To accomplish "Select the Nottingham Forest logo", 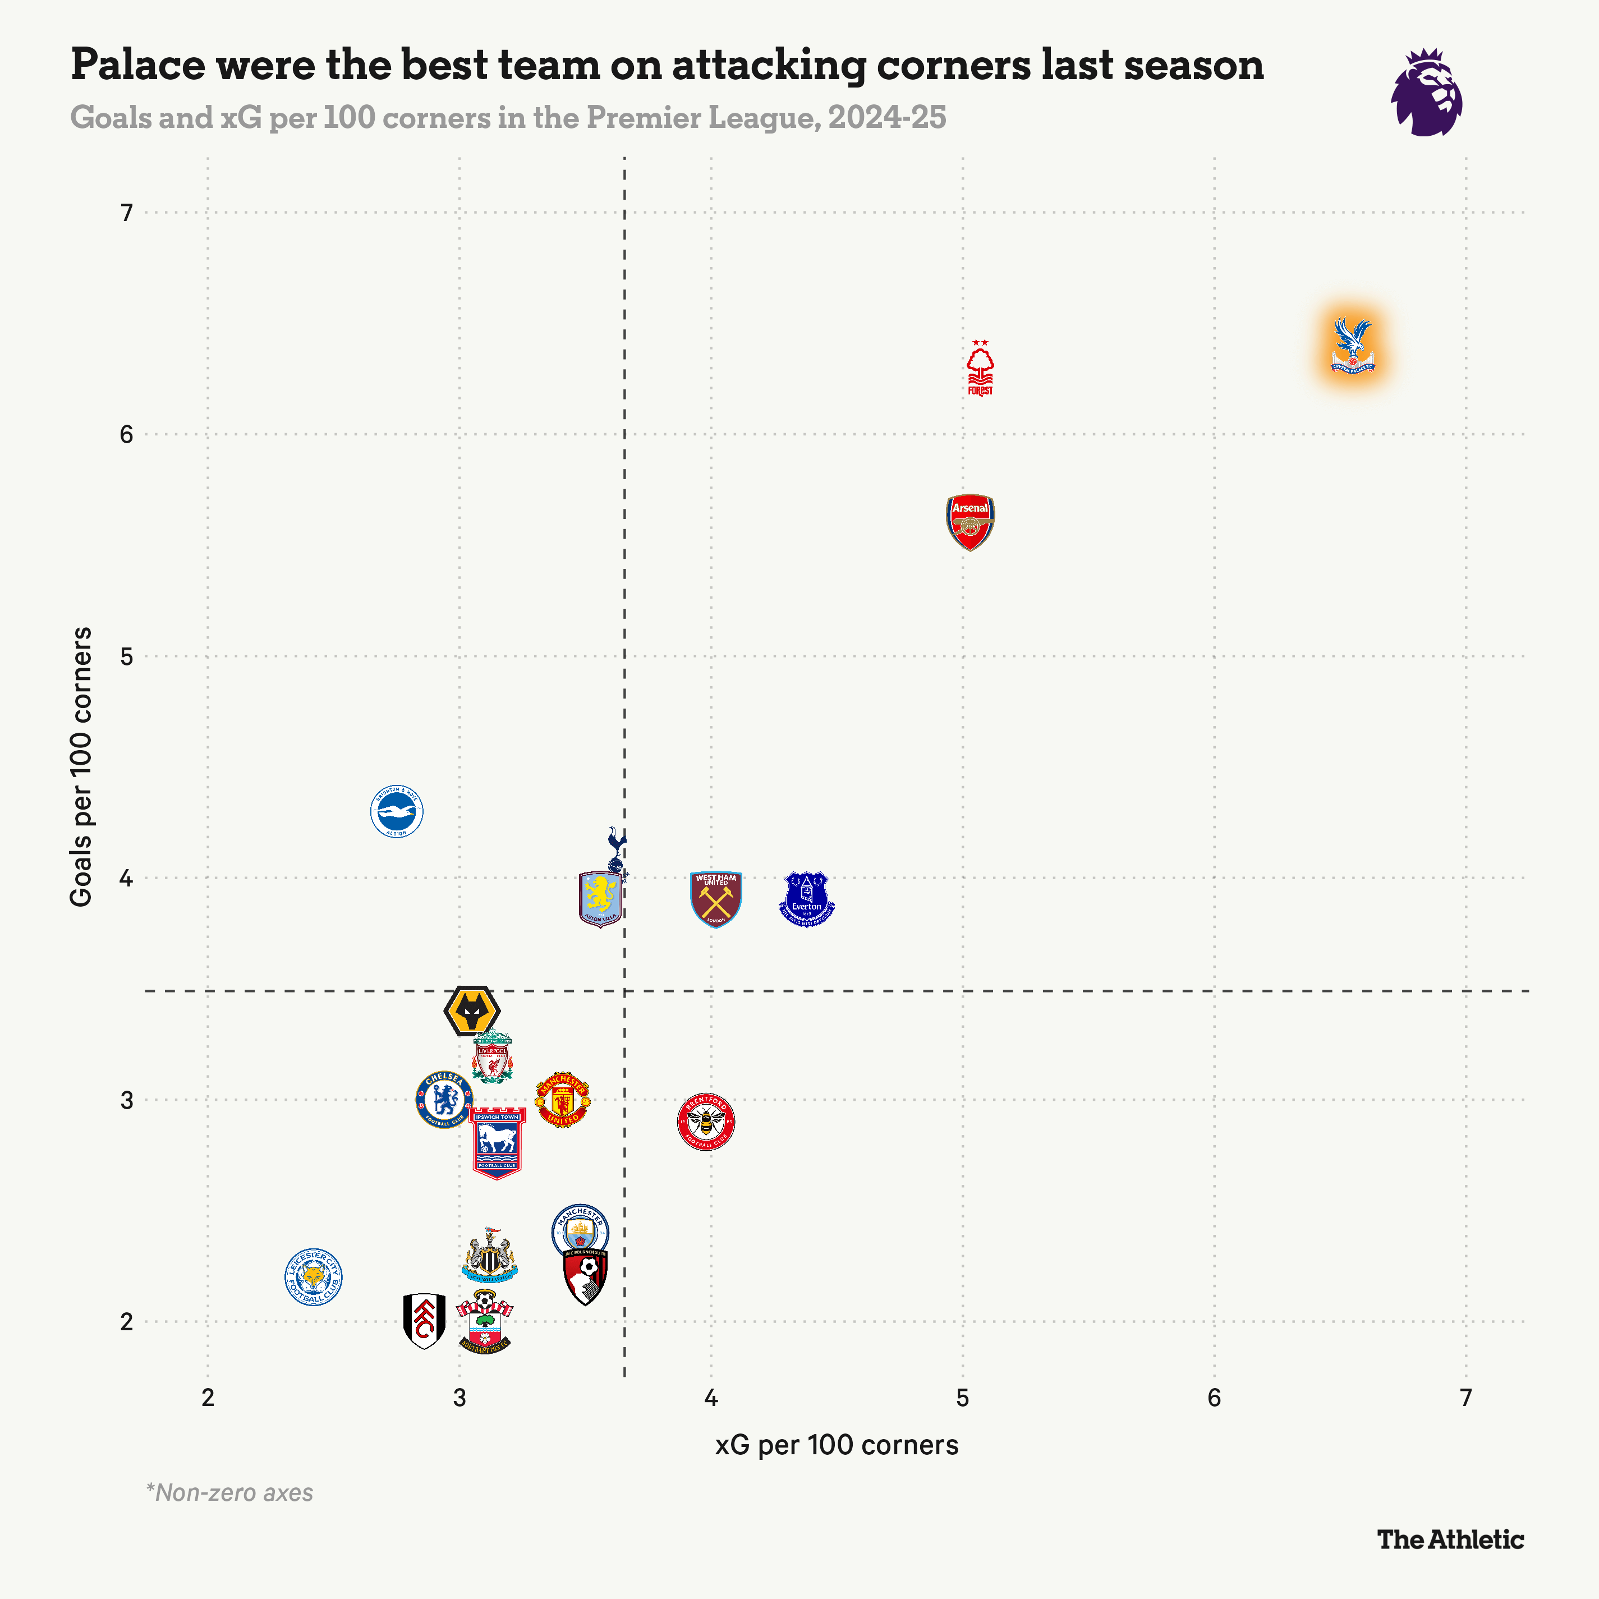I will [980, 368].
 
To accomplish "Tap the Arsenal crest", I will [970, 521].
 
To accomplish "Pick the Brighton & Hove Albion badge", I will [397, 811].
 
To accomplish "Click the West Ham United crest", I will [716, 899].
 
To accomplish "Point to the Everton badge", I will [807, 899].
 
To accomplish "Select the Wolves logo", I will [472, 1010].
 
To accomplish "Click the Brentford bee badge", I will [706, 1122].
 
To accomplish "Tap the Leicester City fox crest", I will [313, 1277].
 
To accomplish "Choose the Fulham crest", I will [424, 1321].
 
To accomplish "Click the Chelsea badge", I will [444, 1099].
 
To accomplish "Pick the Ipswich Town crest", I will [498, 1142].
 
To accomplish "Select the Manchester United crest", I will [563, 1100].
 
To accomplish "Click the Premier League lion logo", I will [1426, 92].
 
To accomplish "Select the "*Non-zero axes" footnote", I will [229, 1493].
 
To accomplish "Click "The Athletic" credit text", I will [1450, 1540].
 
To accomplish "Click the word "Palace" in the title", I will [137, 65].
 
